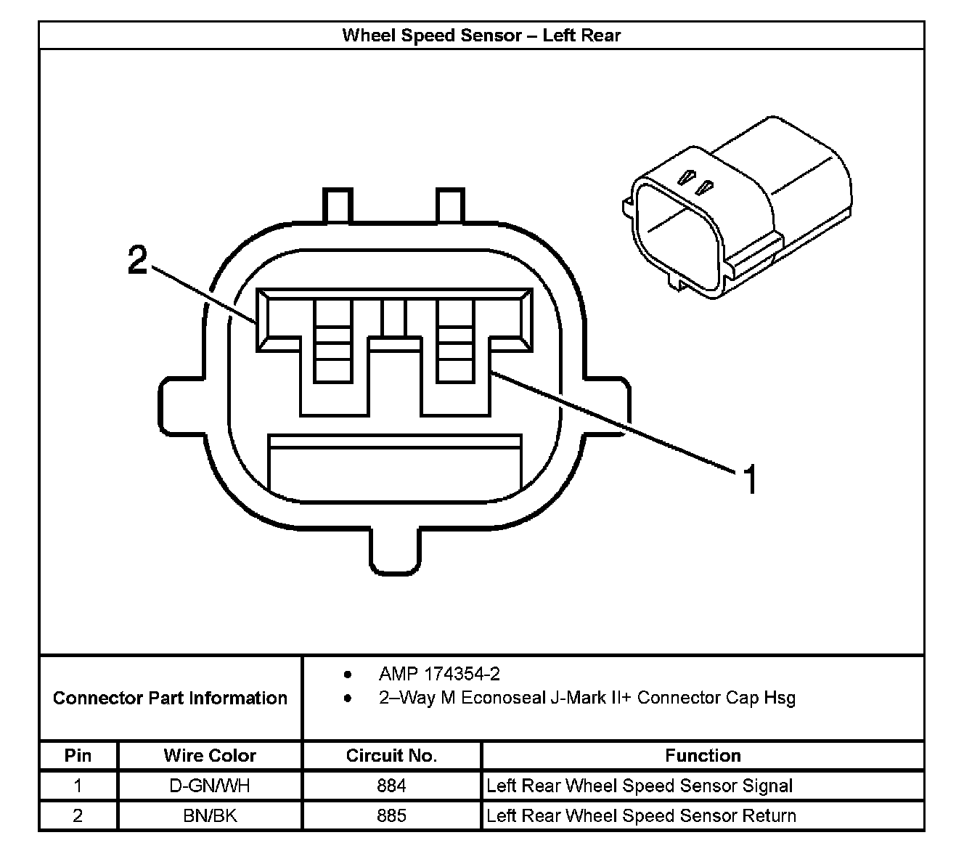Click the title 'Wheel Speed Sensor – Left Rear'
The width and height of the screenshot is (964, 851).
[481, 35]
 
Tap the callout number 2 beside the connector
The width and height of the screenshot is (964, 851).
[137, 259]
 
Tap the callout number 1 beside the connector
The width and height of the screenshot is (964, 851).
[751, 480]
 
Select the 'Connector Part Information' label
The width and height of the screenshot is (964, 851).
[170, 698]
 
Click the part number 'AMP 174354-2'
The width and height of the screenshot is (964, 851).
[439, 675]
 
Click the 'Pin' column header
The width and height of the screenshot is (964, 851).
[78, 755]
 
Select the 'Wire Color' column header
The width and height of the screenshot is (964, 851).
[210, 755]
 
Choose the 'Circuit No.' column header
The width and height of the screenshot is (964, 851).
[391, 755]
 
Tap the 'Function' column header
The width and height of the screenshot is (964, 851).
[703, 755]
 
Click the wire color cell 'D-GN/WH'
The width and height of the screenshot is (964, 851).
[210, 786]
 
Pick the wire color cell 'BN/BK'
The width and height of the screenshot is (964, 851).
[210, 815]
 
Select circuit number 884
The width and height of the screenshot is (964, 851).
[391, 786]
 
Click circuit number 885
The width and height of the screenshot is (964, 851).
[391, 815]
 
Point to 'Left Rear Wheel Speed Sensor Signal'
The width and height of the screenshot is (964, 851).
[640, 786]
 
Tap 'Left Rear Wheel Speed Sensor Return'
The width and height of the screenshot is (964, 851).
[641, 815]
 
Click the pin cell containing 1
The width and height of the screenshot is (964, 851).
[78, 786]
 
